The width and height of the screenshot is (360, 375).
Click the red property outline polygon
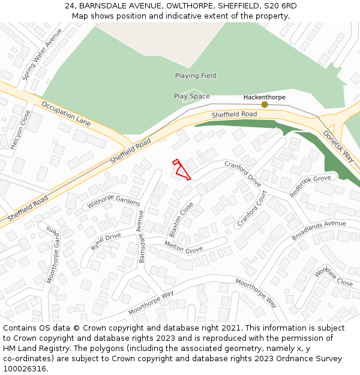pos(181,170)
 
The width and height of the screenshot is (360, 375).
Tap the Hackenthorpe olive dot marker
pos(264,104)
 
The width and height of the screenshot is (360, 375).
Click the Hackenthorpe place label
pos(264,97)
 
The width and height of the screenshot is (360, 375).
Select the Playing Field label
pos(196,76)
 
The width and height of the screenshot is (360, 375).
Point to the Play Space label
pos(191,96)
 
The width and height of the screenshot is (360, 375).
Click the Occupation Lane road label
pos(66,113)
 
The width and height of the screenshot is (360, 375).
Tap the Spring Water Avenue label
pos(42,54)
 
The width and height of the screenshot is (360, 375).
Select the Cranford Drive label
pos(243,173)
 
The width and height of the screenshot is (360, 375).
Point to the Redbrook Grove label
pos(310,186)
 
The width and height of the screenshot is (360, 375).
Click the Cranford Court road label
pos(251,209)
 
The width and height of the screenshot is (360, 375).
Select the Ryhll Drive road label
pos(106,241)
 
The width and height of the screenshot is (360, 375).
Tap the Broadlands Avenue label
pos(319,230)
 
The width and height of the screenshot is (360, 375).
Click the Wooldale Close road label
pos(334,274)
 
